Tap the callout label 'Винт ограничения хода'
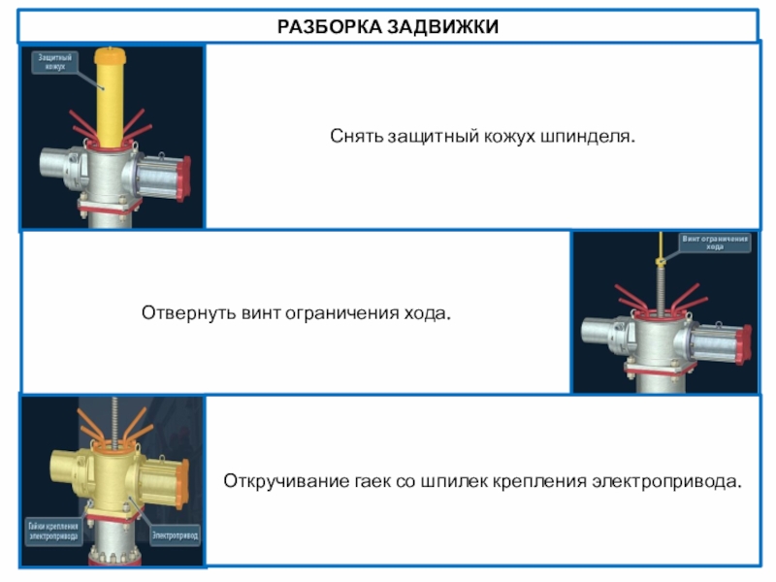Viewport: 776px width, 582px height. (715, 242)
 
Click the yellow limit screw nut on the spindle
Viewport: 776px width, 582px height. (659, 259)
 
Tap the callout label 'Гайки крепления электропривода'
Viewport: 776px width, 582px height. (52, 531)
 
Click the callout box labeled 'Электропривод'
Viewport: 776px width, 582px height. (175, 533)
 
